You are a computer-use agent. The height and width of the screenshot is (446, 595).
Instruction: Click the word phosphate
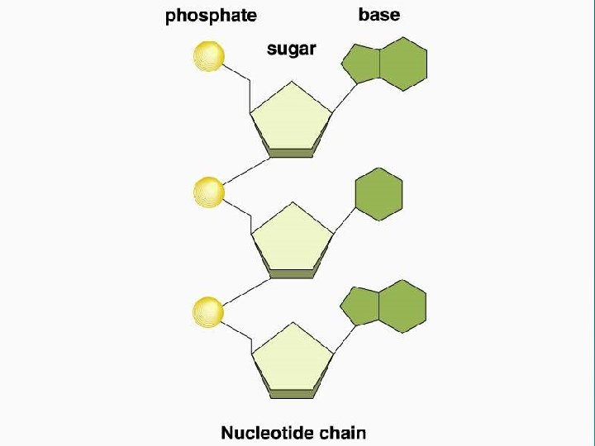(x=212, y=16)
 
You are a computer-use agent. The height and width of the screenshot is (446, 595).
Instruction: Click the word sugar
(x=291, y=49)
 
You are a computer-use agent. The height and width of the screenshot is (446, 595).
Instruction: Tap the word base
(x=379, y=15)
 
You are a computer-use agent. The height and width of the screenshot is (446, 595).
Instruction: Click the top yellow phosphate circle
(x=208, y=56)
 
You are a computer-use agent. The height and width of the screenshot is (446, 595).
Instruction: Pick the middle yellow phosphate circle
(x=208, y=192)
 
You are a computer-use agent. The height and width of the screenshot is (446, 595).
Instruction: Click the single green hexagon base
(x=379, y=195)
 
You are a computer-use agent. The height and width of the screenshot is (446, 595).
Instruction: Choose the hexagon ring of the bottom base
(x=402, y=306)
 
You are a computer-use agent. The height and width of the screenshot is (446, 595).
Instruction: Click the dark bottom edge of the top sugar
(x=291, y=153)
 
